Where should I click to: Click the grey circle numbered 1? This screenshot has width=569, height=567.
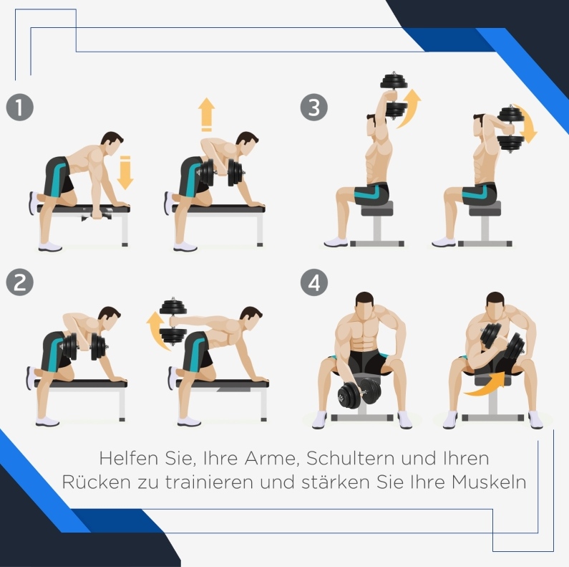click(20, 108)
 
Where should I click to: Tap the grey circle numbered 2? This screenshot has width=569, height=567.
click(20, 282)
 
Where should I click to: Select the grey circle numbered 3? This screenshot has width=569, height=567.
click(314, 108)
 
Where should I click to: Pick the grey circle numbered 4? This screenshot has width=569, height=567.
click(314, 282)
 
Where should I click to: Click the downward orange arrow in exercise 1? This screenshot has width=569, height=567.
click(125, 173)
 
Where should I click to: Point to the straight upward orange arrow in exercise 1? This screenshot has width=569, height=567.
click(206, 115)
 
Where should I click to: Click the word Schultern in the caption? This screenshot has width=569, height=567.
click(350, 458)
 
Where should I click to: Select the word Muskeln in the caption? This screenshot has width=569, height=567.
click(489, 482)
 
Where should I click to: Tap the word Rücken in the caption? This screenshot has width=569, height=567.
click(96, 482)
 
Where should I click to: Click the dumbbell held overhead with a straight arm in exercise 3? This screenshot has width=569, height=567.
click(394, 95)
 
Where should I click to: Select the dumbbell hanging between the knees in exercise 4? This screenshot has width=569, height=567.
click(358, 394)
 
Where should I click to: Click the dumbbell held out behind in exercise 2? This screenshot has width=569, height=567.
click(173, 321)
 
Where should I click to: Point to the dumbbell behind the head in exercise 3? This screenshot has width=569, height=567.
click(511, 129)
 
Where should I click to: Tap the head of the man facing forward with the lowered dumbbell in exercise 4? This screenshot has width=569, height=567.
click(364, 305)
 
